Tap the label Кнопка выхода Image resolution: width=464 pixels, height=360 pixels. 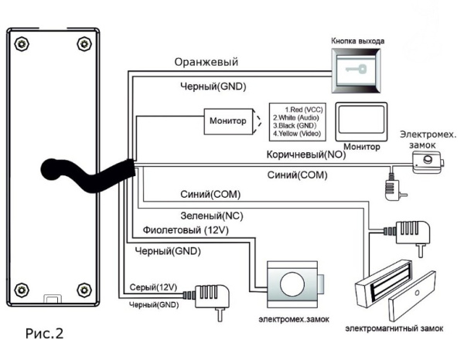[357, 39]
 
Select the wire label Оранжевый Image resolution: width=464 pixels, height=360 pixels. [206, 62]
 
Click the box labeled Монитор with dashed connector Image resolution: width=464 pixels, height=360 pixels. [228, 121]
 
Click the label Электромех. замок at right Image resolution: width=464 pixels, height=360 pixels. [425, 138]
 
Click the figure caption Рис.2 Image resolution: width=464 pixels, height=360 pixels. [45, 335]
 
